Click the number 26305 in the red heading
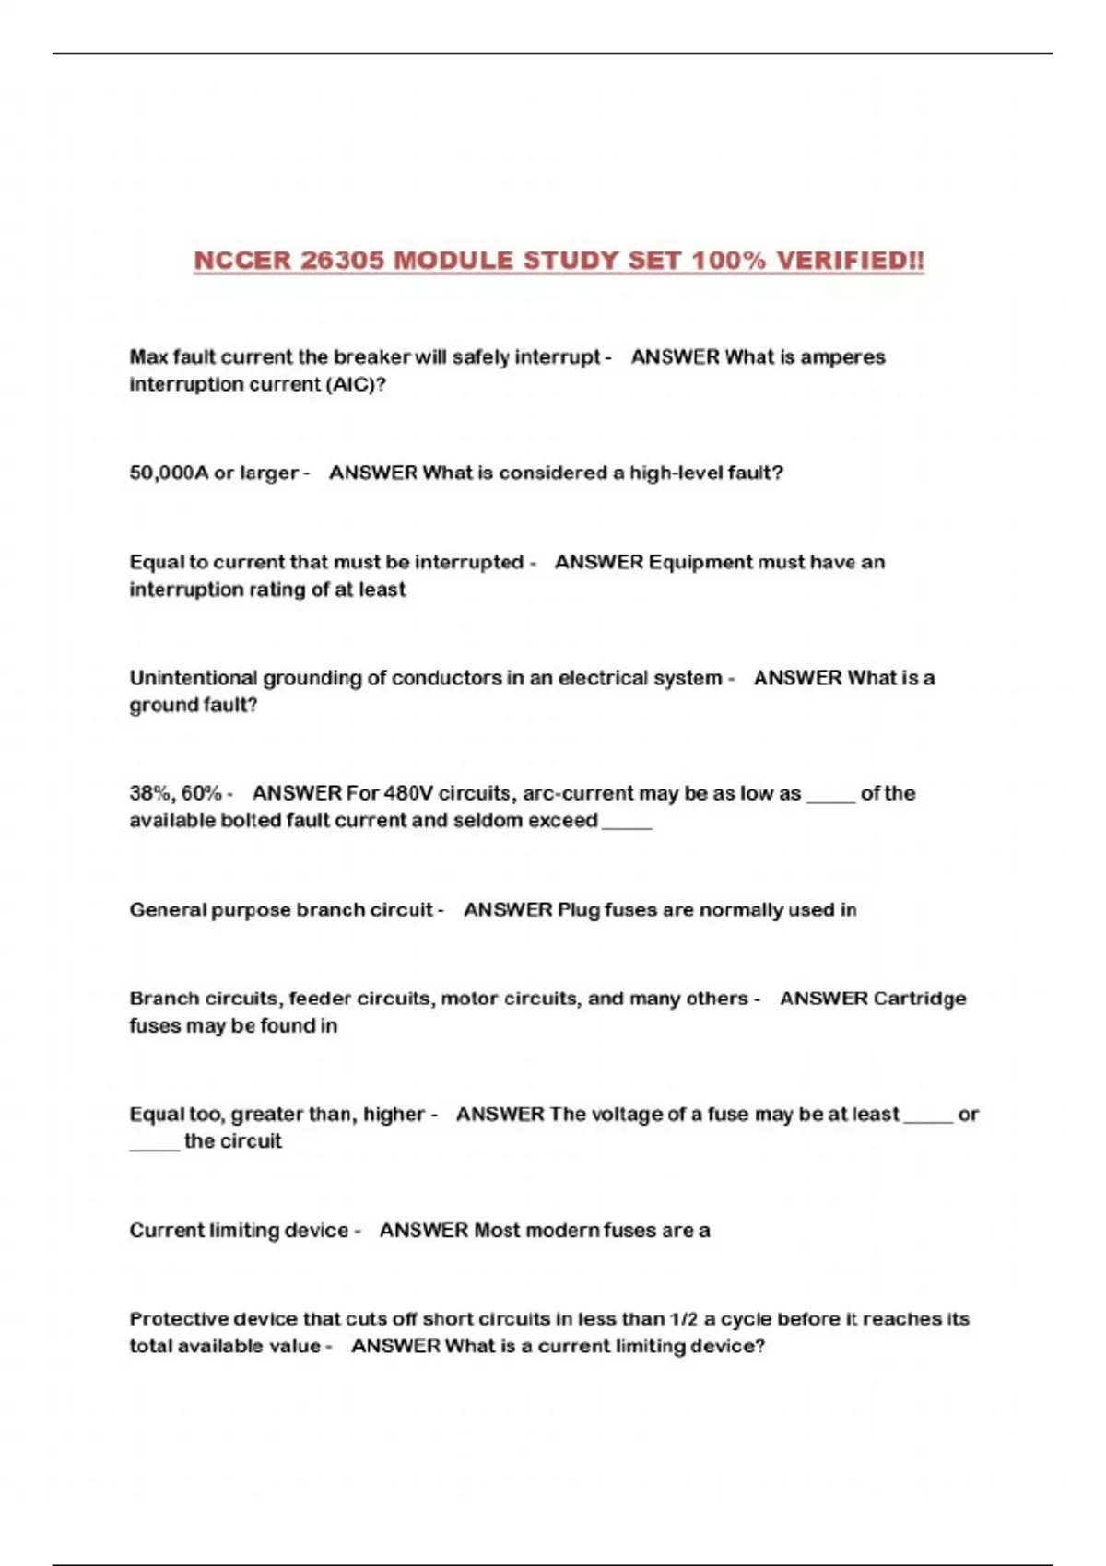click(x=342, y=261)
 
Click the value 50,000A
click(x=169, y=473)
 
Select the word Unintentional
click(x=194, y=678)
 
